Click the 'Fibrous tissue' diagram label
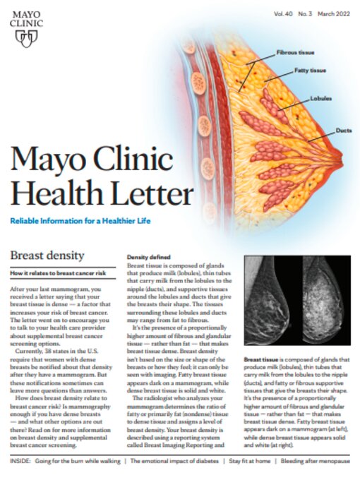click(296, 53)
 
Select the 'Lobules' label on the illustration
click(321, 99)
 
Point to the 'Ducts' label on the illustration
click(325, 131)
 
